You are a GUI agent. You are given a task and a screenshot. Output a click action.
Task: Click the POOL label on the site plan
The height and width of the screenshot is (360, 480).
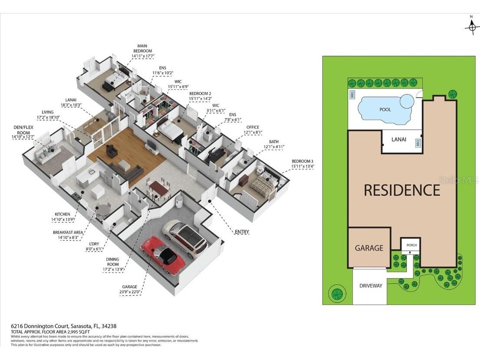[x=385, y=109]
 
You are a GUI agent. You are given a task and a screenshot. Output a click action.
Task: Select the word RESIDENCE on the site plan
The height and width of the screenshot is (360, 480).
[x=402, y=190]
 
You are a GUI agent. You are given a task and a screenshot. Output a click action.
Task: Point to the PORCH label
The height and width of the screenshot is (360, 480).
[x=411, y=245]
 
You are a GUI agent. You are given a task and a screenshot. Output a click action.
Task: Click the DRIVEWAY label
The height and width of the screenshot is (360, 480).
[x=371, y=286]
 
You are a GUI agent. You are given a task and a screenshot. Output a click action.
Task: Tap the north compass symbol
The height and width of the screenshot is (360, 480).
[x=471, y=26]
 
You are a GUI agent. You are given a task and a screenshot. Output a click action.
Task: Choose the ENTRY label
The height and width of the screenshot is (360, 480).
[x=242, y=232]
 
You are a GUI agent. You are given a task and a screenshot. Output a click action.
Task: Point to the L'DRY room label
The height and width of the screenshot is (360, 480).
[x=94, y=247]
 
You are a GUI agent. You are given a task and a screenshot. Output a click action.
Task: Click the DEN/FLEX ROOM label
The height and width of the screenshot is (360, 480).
[x=21, y=132]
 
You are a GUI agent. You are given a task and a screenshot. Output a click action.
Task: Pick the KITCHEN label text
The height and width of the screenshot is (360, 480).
[x=62, y=217]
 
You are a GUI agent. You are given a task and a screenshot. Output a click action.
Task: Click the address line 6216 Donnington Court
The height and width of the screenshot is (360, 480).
[x=64, y=326]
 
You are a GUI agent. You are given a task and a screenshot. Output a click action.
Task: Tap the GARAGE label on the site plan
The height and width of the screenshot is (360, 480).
[x=369, y=248]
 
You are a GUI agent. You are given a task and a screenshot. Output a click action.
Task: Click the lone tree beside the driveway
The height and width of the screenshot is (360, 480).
[x=336, y=293]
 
